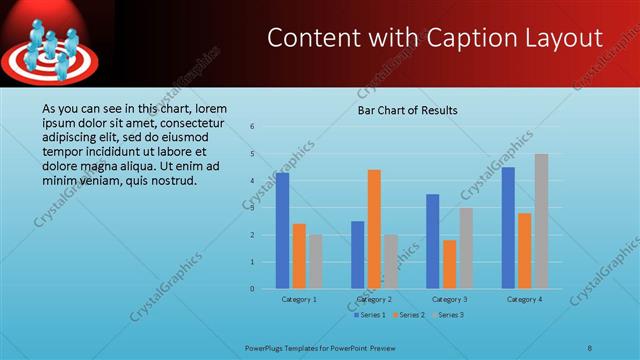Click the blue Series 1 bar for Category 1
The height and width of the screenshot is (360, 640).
click(282, 230)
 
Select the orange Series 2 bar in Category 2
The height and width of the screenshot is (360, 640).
click(374, 229)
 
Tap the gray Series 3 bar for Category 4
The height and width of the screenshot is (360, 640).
click(541, 221)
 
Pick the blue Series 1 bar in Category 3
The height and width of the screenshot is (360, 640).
click(432, 241)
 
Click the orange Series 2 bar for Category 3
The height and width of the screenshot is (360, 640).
click(449, 264)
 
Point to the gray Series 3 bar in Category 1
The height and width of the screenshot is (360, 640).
click(315, 261)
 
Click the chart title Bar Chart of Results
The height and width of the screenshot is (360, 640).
click(407, 110)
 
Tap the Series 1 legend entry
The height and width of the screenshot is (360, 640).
click(370, 315)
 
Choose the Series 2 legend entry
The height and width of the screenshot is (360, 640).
click(410, 315)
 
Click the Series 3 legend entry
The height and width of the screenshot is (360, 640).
click(450, 315)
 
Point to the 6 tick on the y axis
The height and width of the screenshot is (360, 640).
click(253, 127)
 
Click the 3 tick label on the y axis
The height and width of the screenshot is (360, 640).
click(253, 208)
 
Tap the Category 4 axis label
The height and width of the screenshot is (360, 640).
click(524, 299)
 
